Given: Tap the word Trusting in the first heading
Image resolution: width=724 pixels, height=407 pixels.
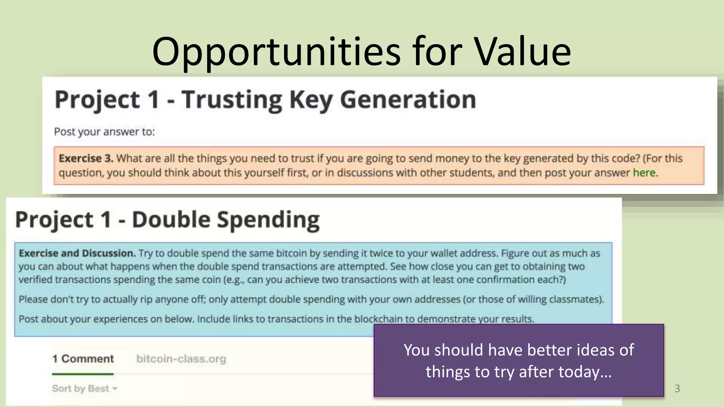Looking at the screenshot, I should (x=232, y=100).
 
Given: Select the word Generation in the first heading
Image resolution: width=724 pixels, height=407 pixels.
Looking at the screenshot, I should (x=408, y=100).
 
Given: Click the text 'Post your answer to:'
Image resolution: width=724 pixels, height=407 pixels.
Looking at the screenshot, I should (x=104, y=132).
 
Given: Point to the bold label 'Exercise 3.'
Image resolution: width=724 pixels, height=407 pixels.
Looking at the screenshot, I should (x=86, y=158).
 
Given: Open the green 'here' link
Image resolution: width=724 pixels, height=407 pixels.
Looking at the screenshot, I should (x=644, y=173).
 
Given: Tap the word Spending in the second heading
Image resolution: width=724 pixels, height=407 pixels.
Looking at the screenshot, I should (x=268, y=220).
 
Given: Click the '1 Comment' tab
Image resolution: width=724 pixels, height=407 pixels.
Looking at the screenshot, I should (x=83, y=359).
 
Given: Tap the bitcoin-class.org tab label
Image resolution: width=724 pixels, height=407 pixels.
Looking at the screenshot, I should (x=181, y=359).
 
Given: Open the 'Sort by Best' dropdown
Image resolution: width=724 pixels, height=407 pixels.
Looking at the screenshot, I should (x=84, y=389).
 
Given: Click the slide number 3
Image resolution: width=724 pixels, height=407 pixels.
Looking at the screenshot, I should (x=677, y=389).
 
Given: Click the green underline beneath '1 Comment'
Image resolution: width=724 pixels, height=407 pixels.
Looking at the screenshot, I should (x=83, y=374).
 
